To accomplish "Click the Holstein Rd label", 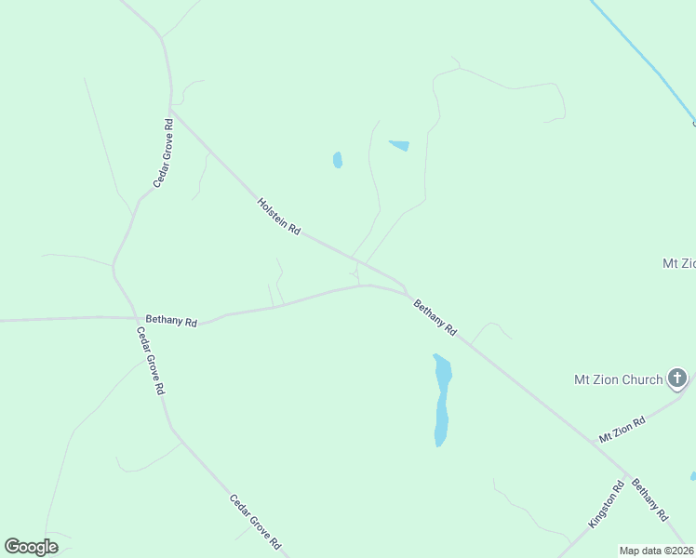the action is point(279,216).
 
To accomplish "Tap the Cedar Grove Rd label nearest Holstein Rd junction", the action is point(164,153).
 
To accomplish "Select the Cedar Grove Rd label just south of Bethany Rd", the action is point(150,361).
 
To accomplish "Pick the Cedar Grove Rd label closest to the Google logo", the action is point(255,521).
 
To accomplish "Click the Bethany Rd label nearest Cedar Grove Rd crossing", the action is point(171,322).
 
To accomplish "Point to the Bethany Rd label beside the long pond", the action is point(435,317).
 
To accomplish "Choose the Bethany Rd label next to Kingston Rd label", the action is point(649,499).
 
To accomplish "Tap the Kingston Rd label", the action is point(606,505).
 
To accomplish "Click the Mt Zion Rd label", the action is point(622,430).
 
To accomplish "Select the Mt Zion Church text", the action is point(618,379).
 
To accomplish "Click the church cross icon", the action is point(677,379).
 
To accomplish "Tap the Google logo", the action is point(31,547).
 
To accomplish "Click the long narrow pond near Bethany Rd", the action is point(442,400).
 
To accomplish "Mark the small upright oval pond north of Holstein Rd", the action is point(338,160).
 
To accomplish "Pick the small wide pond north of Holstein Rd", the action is point(399,145).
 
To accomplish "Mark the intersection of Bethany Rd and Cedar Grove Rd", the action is point(130,318).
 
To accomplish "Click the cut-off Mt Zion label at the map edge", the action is point(678,263).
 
